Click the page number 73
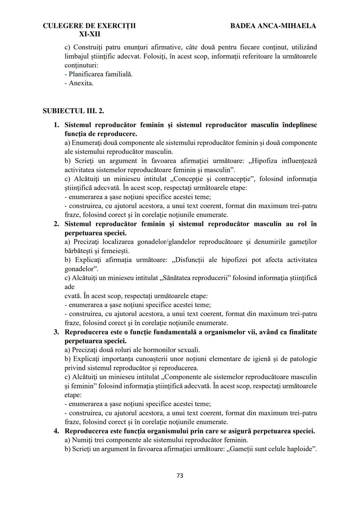tap(180, 476)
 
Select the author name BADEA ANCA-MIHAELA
tap(273, 26)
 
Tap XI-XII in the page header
tap(89, 34)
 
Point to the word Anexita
tap(81, 83)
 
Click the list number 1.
tap(57, 125)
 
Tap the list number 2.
tap(57, 224)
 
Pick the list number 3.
tap(57, 332)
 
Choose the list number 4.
tap(57, 431)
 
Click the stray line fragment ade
tap(69, 287)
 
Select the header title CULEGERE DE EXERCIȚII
tap(89, 26)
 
